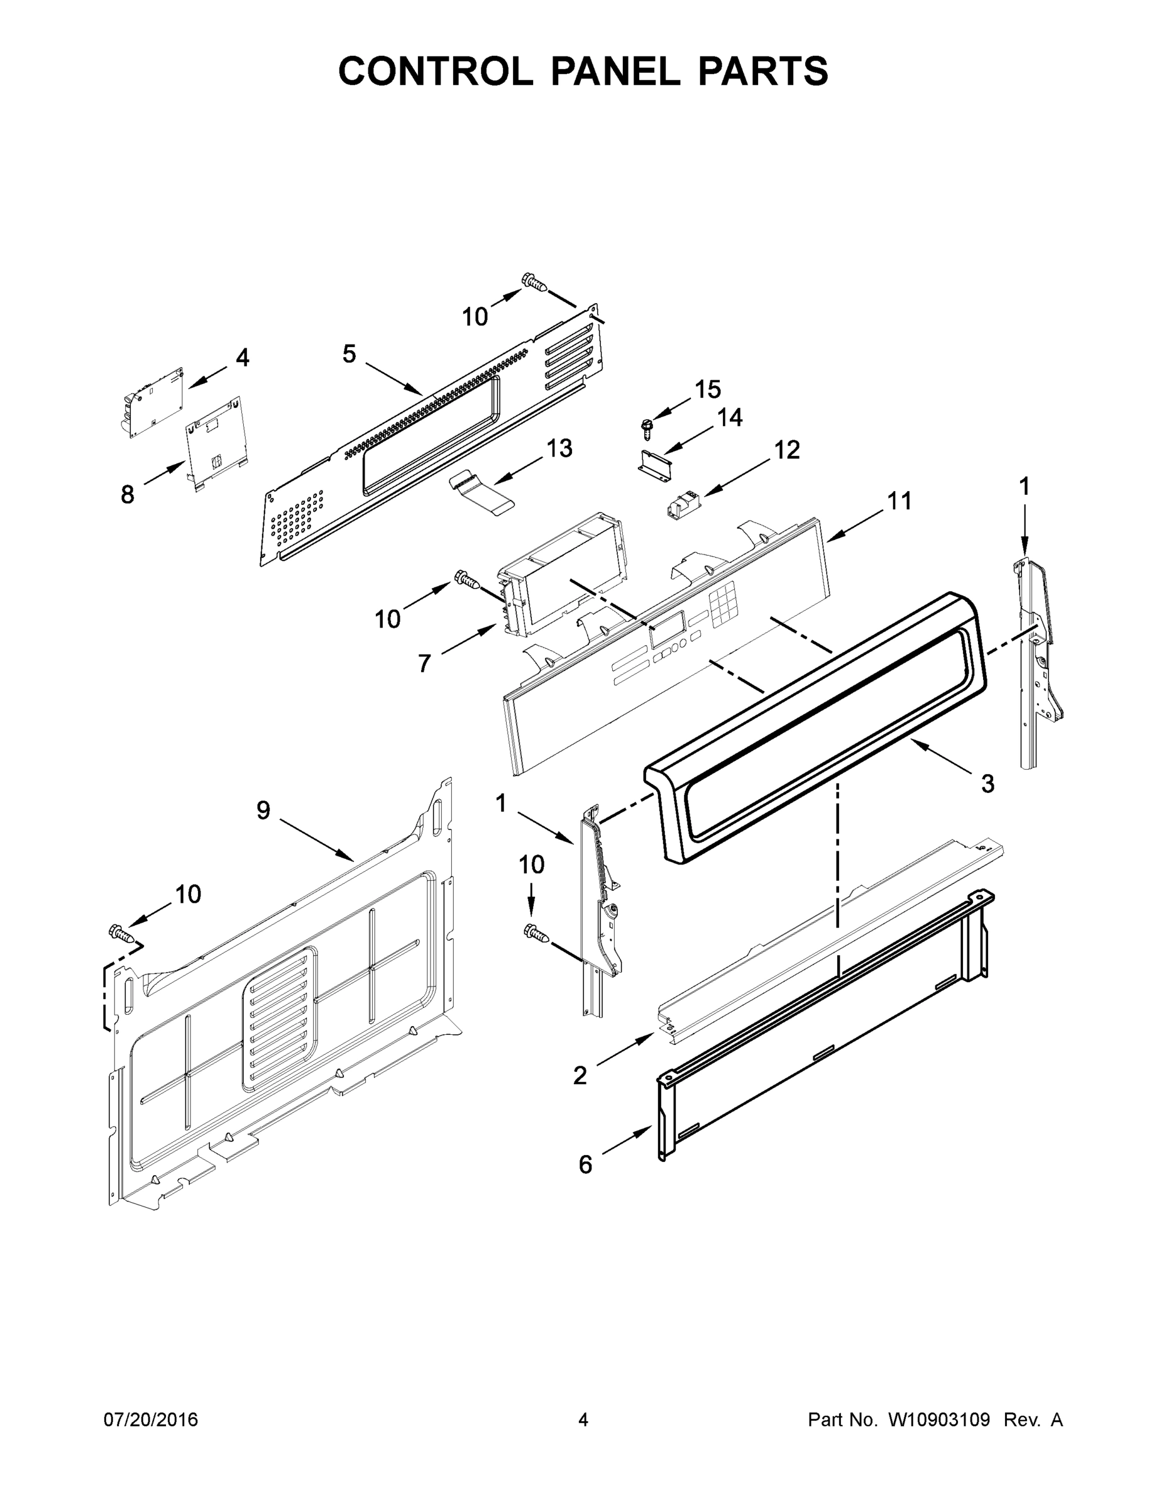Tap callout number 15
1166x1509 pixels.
click(707, 390)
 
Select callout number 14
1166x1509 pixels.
click(729, 417)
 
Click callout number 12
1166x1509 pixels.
click(787, 450)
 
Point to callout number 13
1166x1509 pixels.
click(559, 448)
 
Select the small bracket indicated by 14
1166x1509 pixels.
click(654, 462)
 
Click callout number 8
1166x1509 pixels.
click(127, 494)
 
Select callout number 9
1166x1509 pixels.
click(263, 810)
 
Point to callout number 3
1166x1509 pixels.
click(987, 783)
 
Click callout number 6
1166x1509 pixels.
click(585, 1165)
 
